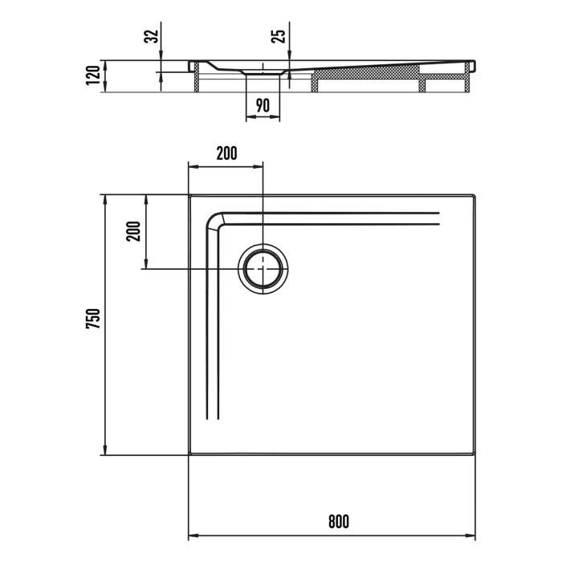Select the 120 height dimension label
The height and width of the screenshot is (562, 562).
coord(95,75)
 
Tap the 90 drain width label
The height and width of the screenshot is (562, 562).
coord(263,104)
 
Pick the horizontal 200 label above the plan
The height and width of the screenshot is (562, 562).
coord(226,154)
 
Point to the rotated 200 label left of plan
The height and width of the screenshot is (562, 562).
coord(133,231)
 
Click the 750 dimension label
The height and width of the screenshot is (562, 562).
coord(93,320)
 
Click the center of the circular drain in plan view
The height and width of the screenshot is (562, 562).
coord(263,268)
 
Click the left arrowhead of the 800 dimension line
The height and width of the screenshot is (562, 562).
coord(193,536)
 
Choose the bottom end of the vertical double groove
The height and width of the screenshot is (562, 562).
coord(213,418)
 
